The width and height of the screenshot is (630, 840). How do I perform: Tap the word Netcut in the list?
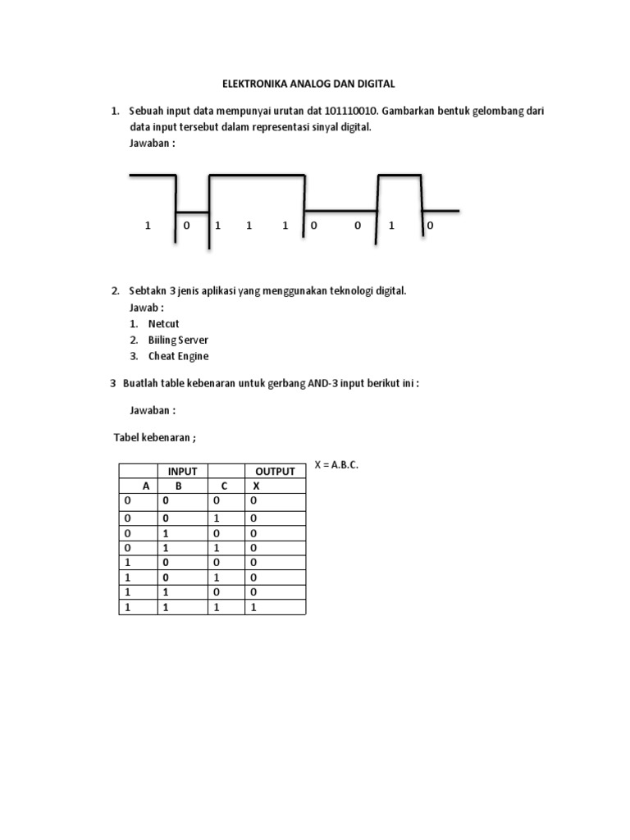coord(165,324)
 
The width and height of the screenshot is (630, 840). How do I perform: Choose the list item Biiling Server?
coord(178,340)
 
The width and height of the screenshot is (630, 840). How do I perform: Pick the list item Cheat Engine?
coord(178,356)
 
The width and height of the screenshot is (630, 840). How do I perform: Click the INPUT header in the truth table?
coord(182,471)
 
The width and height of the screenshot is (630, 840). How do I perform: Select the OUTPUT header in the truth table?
coord(275,471)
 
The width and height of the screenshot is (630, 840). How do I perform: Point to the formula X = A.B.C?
coord(336,465)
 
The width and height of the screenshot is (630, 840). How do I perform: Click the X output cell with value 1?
coord(253,607)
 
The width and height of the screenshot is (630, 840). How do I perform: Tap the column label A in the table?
coord(146,486)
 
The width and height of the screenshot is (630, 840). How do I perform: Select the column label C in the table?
coord(224,486)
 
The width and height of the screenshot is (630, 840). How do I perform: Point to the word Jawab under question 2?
coord(144,308)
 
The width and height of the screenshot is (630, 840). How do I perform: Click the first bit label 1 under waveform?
coord(148,225)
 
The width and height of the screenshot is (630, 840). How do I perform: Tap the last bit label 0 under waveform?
coord(431,225)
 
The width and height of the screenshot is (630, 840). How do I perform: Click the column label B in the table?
coord(178,486)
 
